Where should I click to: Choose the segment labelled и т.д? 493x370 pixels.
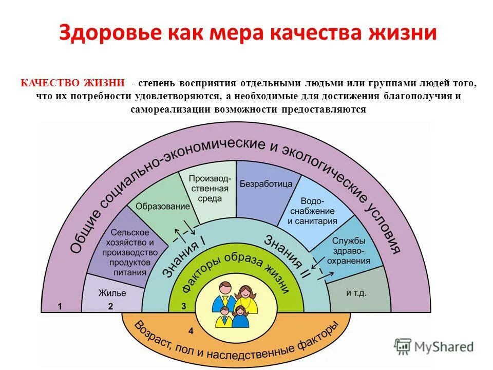(x=356, y=292)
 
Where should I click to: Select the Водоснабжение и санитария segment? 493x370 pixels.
(x=312, y=211)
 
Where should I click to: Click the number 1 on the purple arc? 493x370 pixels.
(x=60, y=306)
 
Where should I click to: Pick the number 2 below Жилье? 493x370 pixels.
(x=110, y=306)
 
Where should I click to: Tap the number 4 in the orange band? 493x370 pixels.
(x=191, y=329)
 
